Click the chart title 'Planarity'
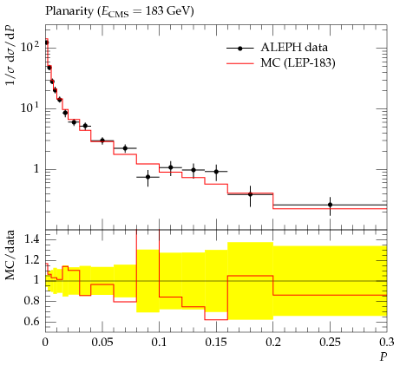pos(69,11)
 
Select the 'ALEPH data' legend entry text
pos(294,48)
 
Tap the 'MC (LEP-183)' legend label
pos(298,62)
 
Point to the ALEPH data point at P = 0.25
pos(330,205)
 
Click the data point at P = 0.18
pos(250,194)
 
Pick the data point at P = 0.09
pos(148,177)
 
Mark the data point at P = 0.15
pos(216,172)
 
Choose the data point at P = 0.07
pos(125,148)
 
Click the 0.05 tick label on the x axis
pos(102,343)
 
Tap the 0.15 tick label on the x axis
pos(216,343)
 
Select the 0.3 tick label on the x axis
pos(387,343)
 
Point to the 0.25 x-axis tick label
pos(330,343)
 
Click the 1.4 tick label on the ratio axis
pos(31,239)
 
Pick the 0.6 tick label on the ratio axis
pos(31,321)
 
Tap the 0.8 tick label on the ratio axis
pos(31,301)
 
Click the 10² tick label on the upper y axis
pos(30,46)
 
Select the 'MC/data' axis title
pos(10,255)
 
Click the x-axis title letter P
pos(384,357)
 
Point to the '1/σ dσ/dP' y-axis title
pos(10,56)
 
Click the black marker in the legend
pos(240,49)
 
